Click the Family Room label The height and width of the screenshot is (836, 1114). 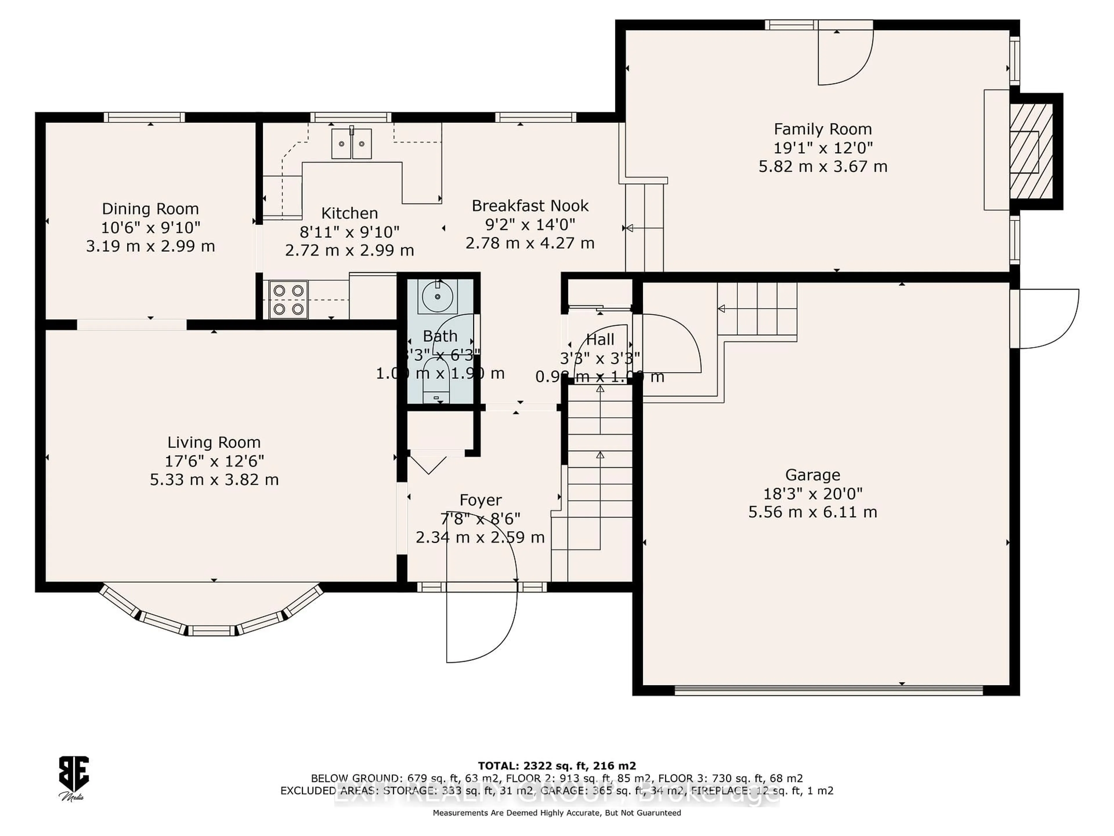click(822, 129)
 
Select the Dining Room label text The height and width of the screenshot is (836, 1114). click(150, 209)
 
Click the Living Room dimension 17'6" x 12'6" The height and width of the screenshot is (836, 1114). click(214, 461)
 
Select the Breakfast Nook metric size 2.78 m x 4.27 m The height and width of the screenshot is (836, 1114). click(530, 243)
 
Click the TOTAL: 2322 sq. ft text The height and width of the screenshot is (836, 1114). click(556, 766)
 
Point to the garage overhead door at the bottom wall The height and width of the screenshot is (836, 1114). click(829, 690)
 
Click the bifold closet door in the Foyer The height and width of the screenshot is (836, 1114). click(428, 464)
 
